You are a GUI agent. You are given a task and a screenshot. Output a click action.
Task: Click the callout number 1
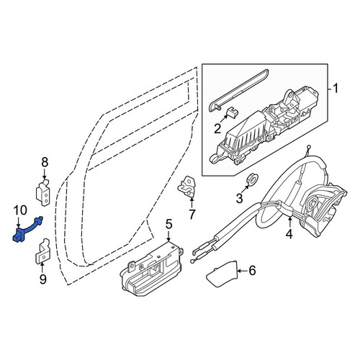click(336, 89)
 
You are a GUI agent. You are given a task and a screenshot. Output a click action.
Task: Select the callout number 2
click(217, 128)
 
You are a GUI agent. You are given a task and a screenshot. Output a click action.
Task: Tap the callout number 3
click(240, 198)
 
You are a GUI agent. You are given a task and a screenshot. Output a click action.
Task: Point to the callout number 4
click(289, 234)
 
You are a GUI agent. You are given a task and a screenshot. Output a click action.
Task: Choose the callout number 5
click(168, 224)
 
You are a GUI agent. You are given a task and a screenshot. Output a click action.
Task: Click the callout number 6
click(252, 271)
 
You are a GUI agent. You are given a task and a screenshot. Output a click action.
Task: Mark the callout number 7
click(192, 215)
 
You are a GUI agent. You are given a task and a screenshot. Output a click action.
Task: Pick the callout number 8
click(45, 162)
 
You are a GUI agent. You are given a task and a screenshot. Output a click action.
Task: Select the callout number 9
click(42, 279)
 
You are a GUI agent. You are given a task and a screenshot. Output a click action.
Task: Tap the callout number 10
click(20, 210)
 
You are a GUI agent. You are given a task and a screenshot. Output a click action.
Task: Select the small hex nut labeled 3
click(252, 179)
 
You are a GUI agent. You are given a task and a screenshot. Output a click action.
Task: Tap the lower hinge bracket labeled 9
click(43, 252)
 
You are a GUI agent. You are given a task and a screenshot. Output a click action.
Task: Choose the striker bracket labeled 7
click(187, 187)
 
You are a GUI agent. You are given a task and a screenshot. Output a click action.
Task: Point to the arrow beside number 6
click(243, 271)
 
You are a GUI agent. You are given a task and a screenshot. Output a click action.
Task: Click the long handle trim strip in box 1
click(239, 90)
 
